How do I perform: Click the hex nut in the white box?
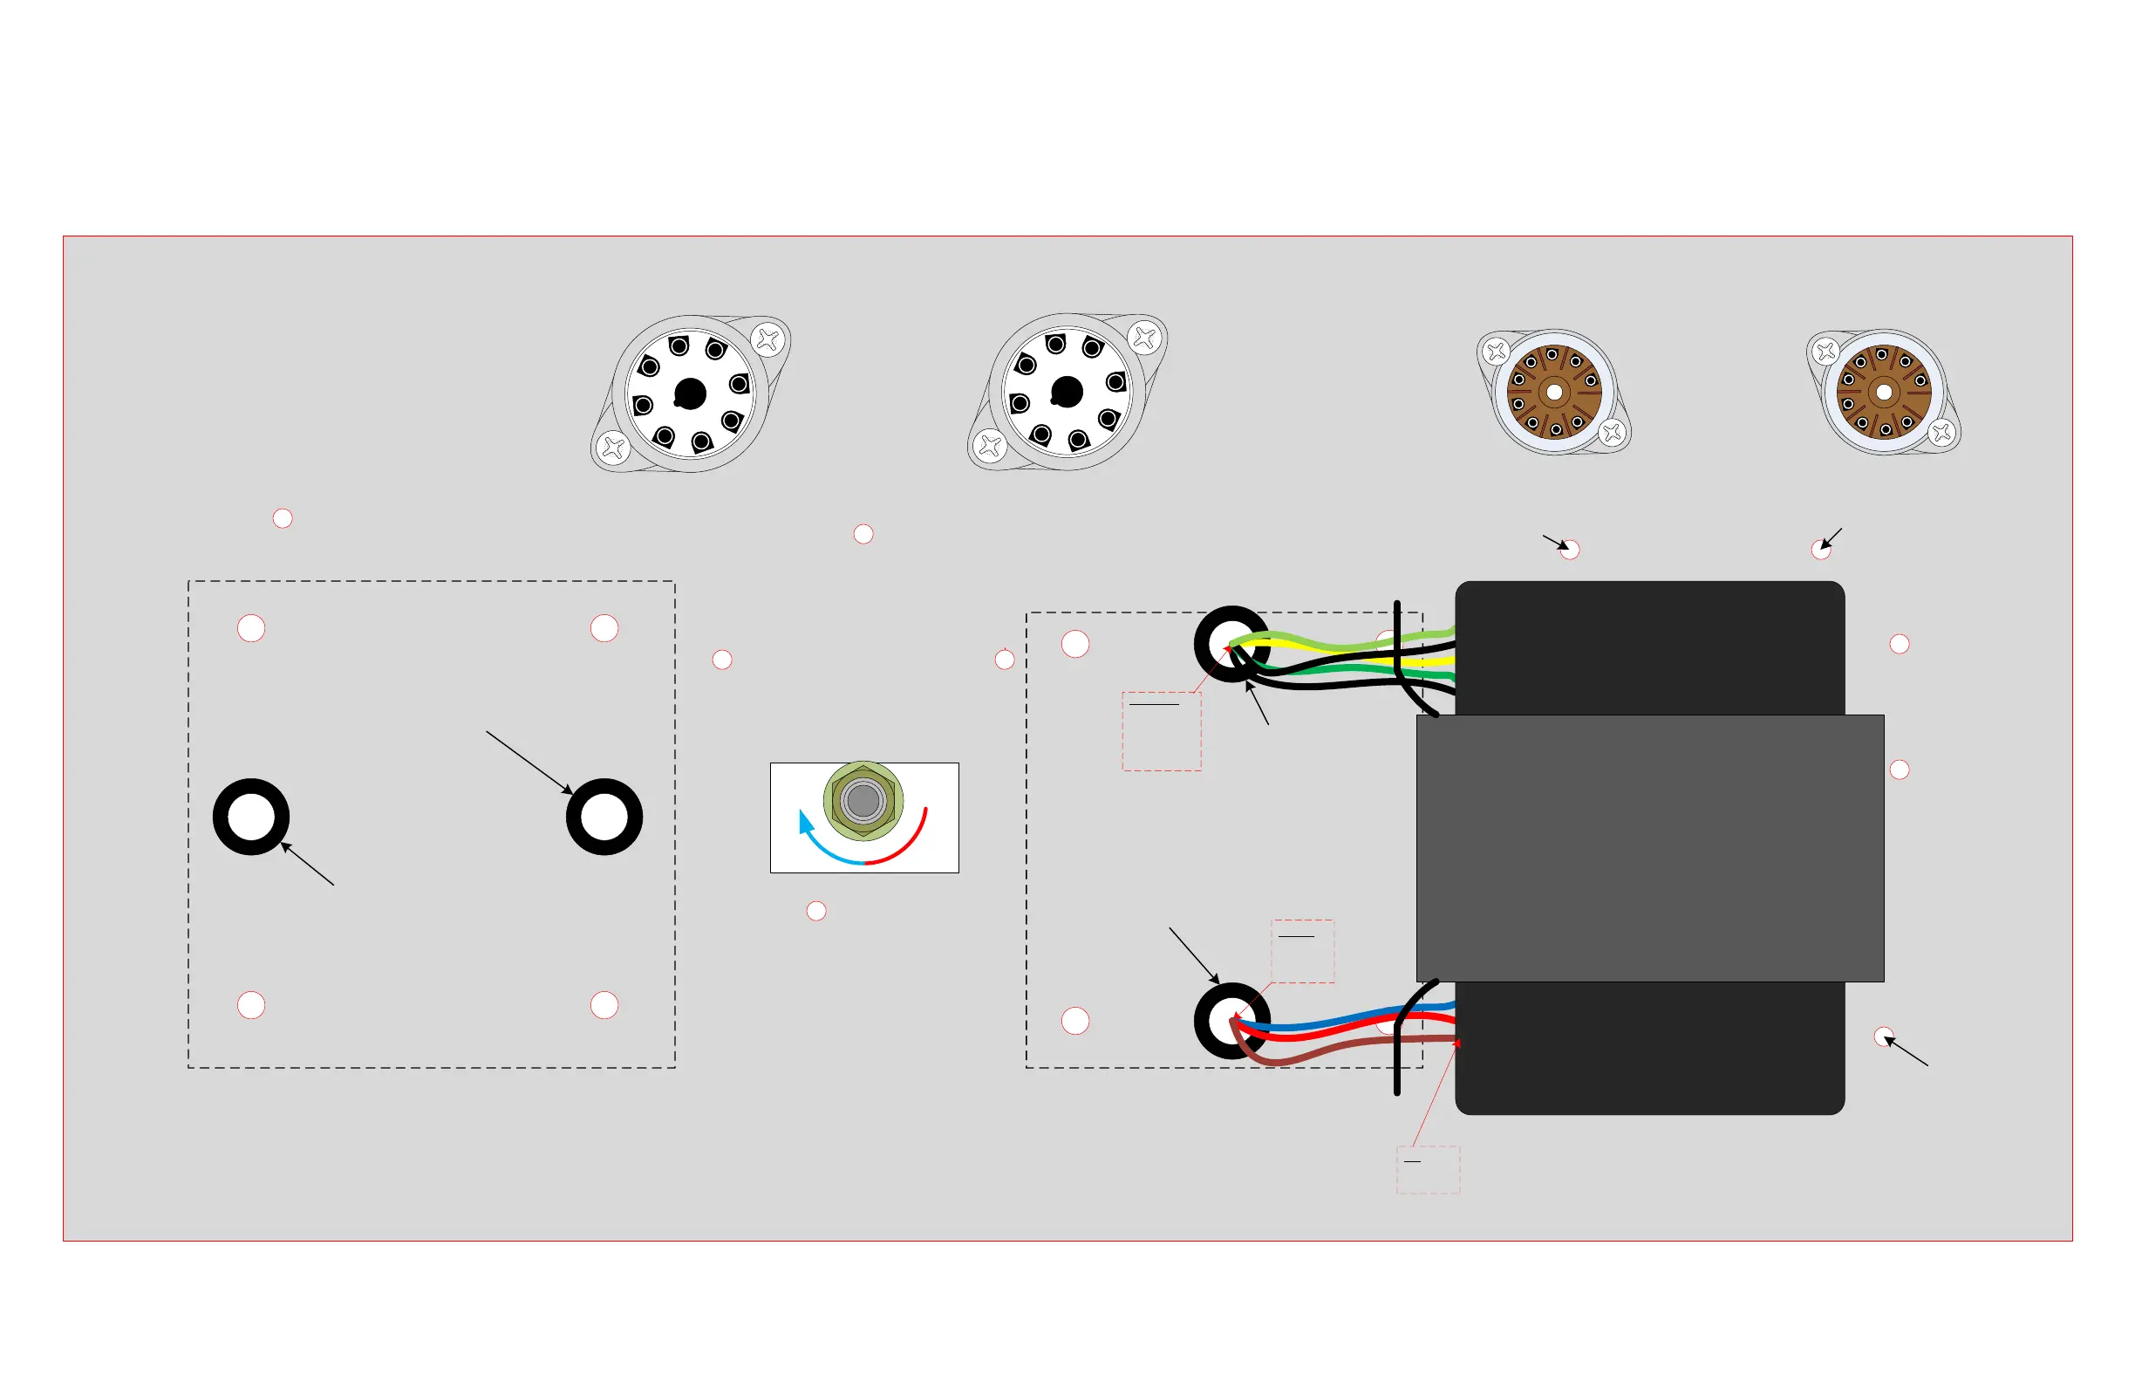pyautogui.click(x=862, y=800)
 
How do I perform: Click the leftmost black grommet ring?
pyautogui.click(x=251, y=817)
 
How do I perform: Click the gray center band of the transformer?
pyautogui.click(x=1650, y=848)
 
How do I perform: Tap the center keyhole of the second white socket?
pyautogui.click(x=1067, y=391)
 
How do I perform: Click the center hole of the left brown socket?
pyautogui.click(x=1555, y=392)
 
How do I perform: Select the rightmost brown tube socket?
pyautogui.click(x=1884, y=392)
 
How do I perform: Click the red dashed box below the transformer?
pyautogui.click(x=1428, y=1170)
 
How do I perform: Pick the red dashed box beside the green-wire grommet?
pyautogui.click(x=1162, y=731)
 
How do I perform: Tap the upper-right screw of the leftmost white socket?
pyautogui.click(x=767, y=339)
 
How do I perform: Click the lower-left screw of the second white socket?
pyautogui.click(x=991, y=445)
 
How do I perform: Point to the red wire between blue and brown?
pyautogui.click(x=1346, y=1032)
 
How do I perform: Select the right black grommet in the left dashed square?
pyautogui.click(x=604, y=817)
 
